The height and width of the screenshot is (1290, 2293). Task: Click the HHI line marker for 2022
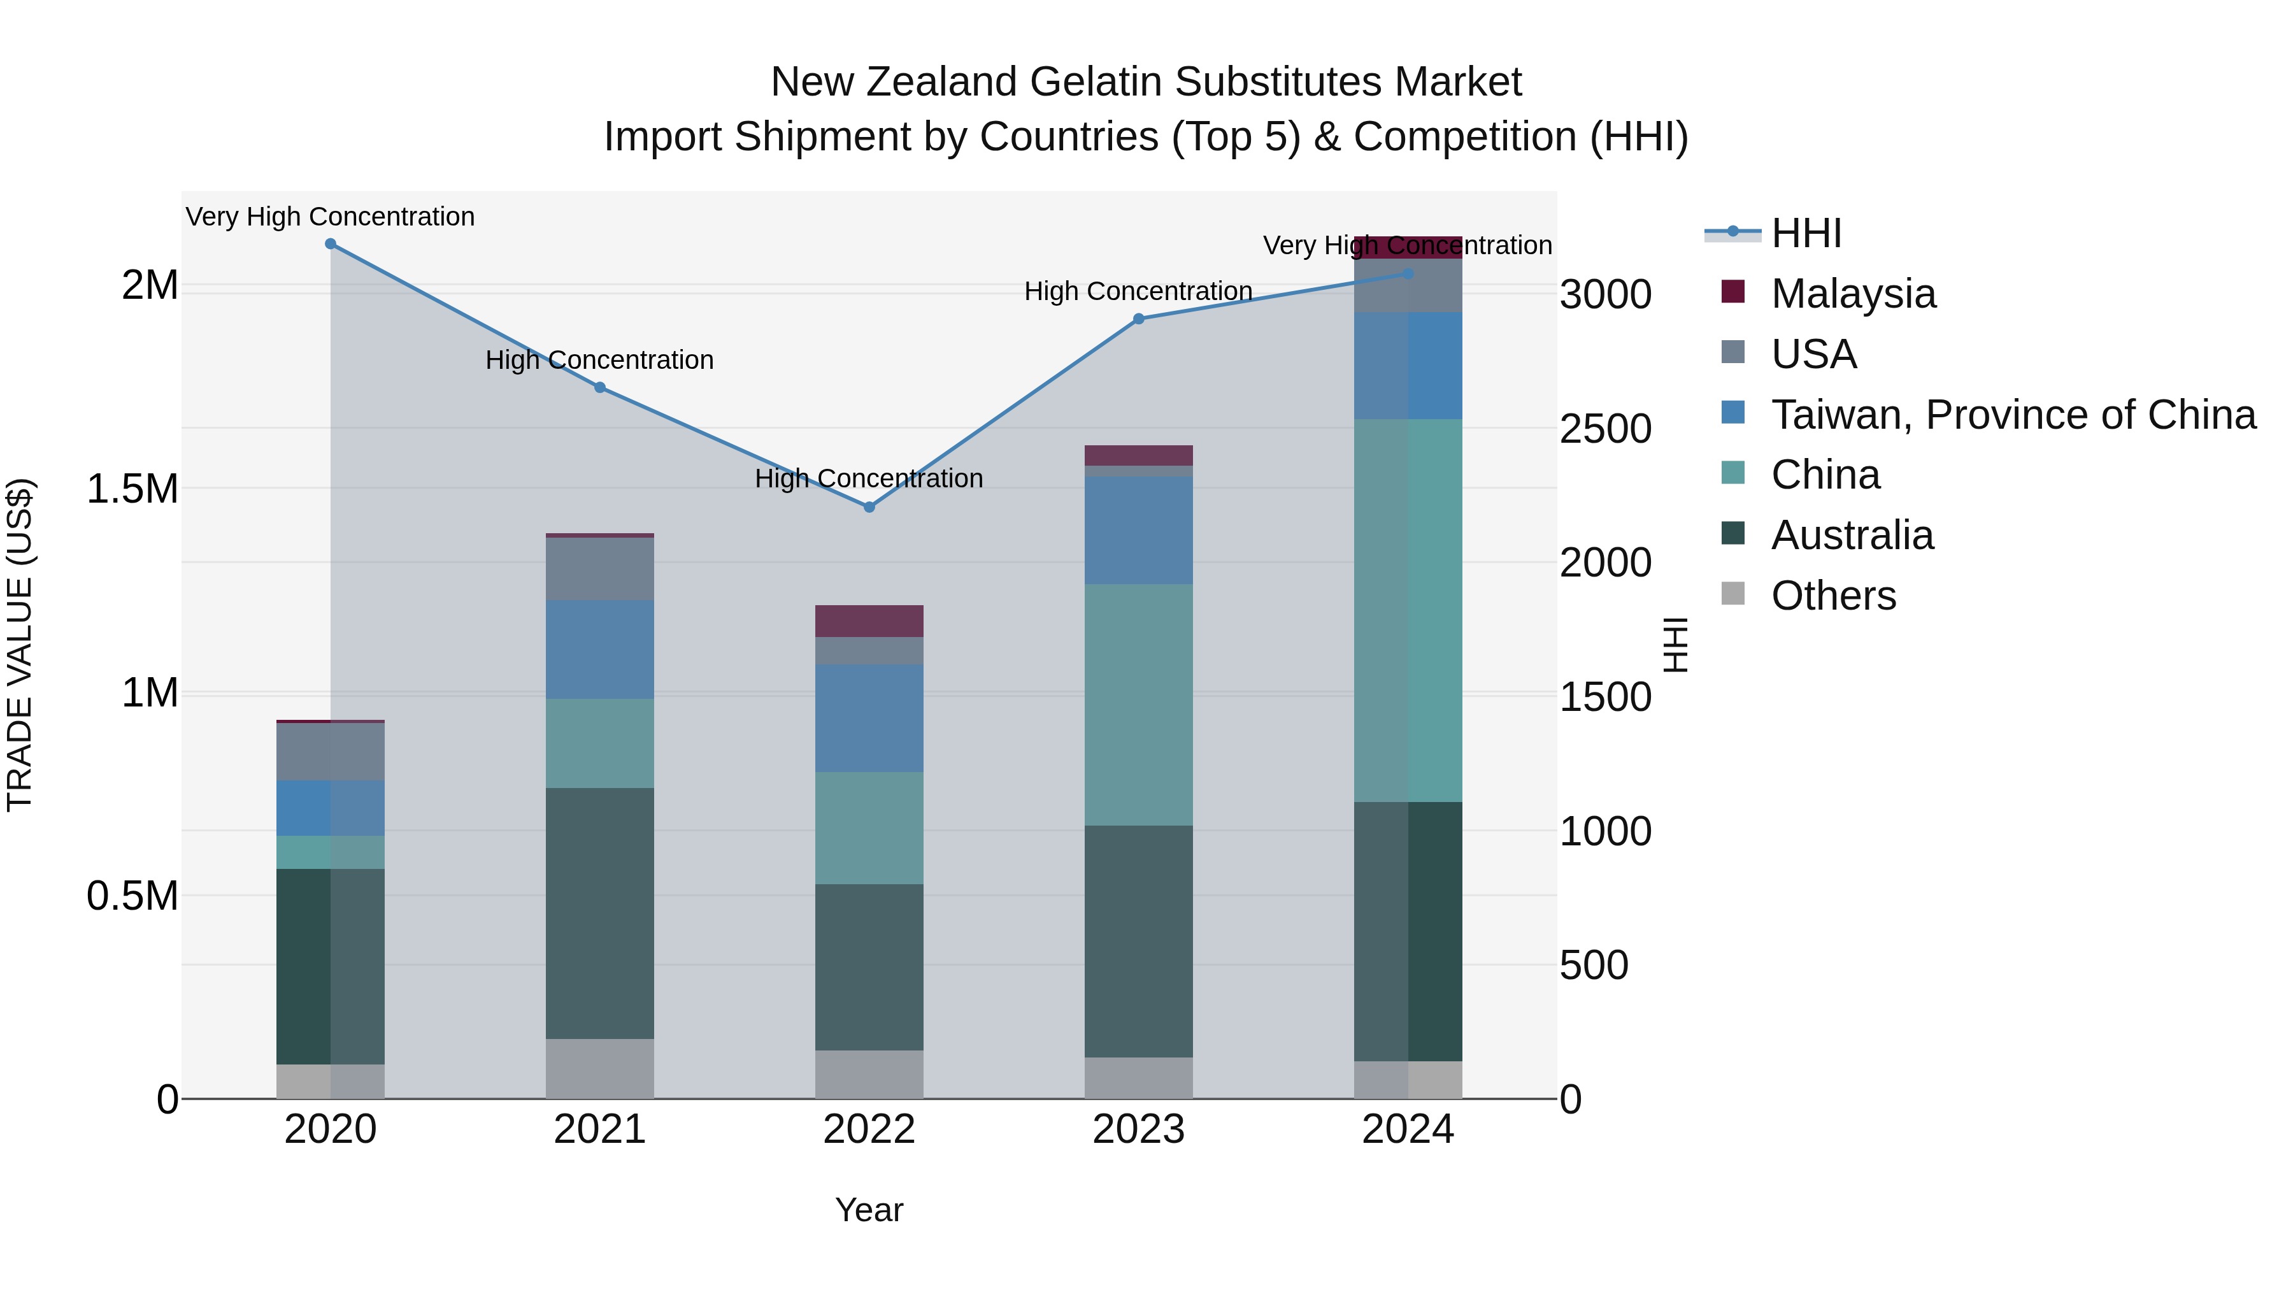point(869,506)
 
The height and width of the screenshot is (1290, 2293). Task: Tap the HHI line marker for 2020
point(330,243)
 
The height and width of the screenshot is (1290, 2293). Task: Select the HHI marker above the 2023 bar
point(1138,318)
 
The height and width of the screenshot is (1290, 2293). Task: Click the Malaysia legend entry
point(1852,294)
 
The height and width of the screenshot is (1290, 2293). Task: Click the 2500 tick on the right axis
point(1605,429)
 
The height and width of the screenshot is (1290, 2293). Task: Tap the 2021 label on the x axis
point(599,1129)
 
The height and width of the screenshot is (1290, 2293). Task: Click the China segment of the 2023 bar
point(1138,703)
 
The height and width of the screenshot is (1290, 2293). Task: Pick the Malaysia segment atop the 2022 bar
point(869,620)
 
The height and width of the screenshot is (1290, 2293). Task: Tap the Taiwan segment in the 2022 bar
point(869,717)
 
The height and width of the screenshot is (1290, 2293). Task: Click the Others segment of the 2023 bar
point(1138,1077)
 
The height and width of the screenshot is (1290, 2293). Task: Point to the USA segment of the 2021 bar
point(599,568)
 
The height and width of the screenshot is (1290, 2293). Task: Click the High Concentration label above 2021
point(599,360)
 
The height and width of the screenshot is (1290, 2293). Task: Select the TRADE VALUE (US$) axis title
point(20,645)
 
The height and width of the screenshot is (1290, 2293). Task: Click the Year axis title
point(869,1210)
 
